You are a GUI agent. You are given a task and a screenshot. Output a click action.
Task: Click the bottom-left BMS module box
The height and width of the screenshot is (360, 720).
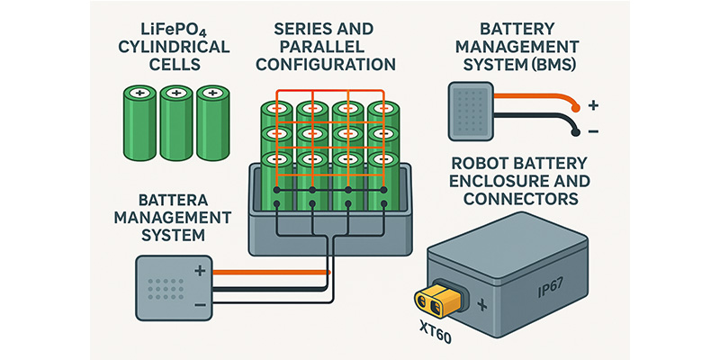(x=171, y=287)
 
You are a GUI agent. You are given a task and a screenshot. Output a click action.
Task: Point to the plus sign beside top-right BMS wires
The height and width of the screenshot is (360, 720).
(x=595, y=105)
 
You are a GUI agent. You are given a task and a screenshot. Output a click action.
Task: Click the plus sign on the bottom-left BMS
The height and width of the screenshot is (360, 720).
(x=200, y=271)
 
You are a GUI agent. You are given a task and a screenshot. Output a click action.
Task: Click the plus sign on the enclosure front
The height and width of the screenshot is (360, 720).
(x=482, y=306)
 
